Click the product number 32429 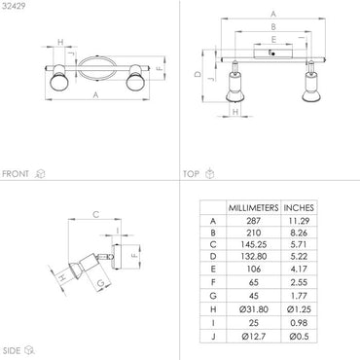coord(14,6)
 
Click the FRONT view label coord(16,174)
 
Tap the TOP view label coord(191,174)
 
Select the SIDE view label coord(12,350)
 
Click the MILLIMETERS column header coord(253,208)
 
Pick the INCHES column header coord(299,208)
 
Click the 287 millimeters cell coord(253,221)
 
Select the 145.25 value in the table coord(253,244)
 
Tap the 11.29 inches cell coord(299,221)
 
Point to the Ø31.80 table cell coord(253,309)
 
